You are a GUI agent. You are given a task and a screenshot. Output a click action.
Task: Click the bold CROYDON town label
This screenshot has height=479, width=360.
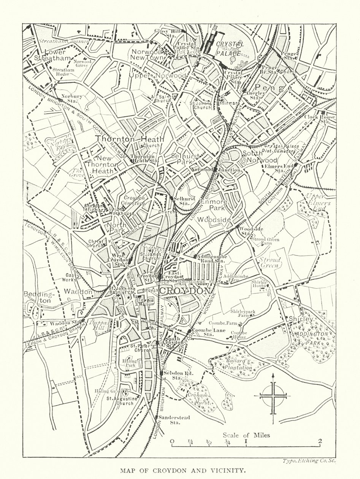point(184,291)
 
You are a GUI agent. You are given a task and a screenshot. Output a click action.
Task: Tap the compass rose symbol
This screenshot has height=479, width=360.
point(273,396)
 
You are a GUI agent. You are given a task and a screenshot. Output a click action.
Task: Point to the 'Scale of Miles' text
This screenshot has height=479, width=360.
point(246,435)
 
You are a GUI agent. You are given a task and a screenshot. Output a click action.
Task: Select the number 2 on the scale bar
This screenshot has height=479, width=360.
point(320,441)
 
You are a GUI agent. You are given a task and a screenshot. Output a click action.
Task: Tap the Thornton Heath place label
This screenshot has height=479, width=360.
point(130,139)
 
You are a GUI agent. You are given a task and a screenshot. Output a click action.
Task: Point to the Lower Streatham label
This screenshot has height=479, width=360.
point(52,55)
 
